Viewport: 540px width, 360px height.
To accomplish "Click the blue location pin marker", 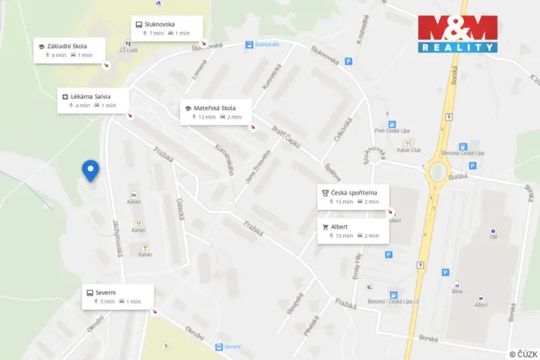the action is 90,170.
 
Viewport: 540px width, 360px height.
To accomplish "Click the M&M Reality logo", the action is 457,34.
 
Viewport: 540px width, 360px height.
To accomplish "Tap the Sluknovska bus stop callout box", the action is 167,28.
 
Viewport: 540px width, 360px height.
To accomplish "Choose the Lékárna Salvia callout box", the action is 93,100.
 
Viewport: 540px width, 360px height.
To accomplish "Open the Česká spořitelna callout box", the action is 352,197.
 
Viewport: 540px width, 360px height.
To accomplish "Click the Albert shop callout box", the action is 352,231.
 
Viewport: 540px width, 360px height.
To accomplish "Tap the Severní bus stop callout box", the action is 118,296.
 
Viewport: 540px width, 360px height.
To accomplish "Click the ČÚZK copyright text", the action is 523,353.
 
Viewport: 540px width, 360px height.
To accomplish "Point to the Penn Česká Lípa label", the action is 391,131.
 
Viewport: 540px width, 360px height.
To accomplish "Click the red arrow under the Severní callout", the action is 155,312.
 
